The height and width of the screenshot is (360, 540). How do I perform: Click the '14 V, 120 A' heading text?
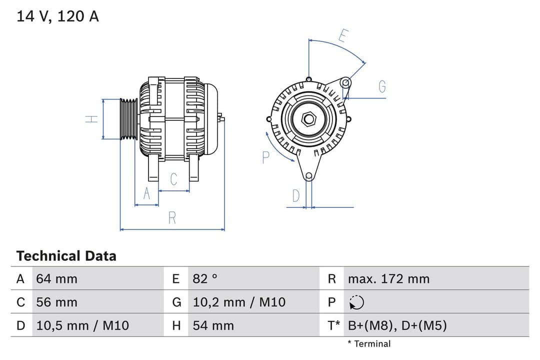click(x=58, y=16)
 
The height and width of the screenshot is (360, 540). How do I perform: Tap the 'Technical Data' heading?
click(x=66, y=256)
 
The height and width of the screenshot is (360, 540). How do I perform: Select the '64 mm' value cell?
click(x=57, y=278)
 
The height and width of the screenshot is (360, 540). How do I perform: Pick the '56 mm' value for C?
click(x=57, y=302)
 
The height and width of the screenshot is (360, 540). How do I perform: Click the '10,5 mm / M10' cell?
click(x=82, y=325)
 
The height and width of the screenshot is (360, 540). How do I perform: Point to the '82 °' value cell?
click(x=205, y=278)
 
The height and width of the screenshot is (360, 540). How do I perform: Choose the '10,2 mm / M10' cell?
click(x=239, y=302)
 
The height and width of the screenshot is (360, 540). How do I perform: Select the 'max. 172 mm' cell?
click(x=388, y=278)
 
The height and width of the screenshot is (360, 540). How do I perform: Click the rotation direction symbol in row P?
click(x=356, y=302)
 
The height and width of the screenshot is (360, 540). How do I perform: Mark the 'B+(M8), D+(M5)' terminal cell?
click(x=397, y=325)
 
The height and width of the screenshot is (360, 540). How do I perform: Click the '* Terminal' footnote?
click(x=369, y=343)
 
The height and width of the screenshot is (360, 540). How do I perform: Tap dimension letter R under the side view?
click(x=172, y=217)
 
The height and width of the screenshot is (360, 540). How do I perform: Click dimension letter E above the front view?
click(x=343, y=36)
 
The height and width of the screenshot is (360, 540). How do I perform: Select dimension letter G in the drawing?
click(x=382, y=87)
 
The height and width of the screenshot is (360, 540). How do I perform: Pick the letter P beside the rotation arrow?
click(x=265, y=157)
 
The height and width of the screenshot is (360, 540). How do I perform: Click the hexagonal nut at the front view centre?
click(x=309, y=119)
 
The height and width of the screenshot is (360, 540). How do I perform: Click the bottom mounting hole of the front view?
click(x=309, y=175)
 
